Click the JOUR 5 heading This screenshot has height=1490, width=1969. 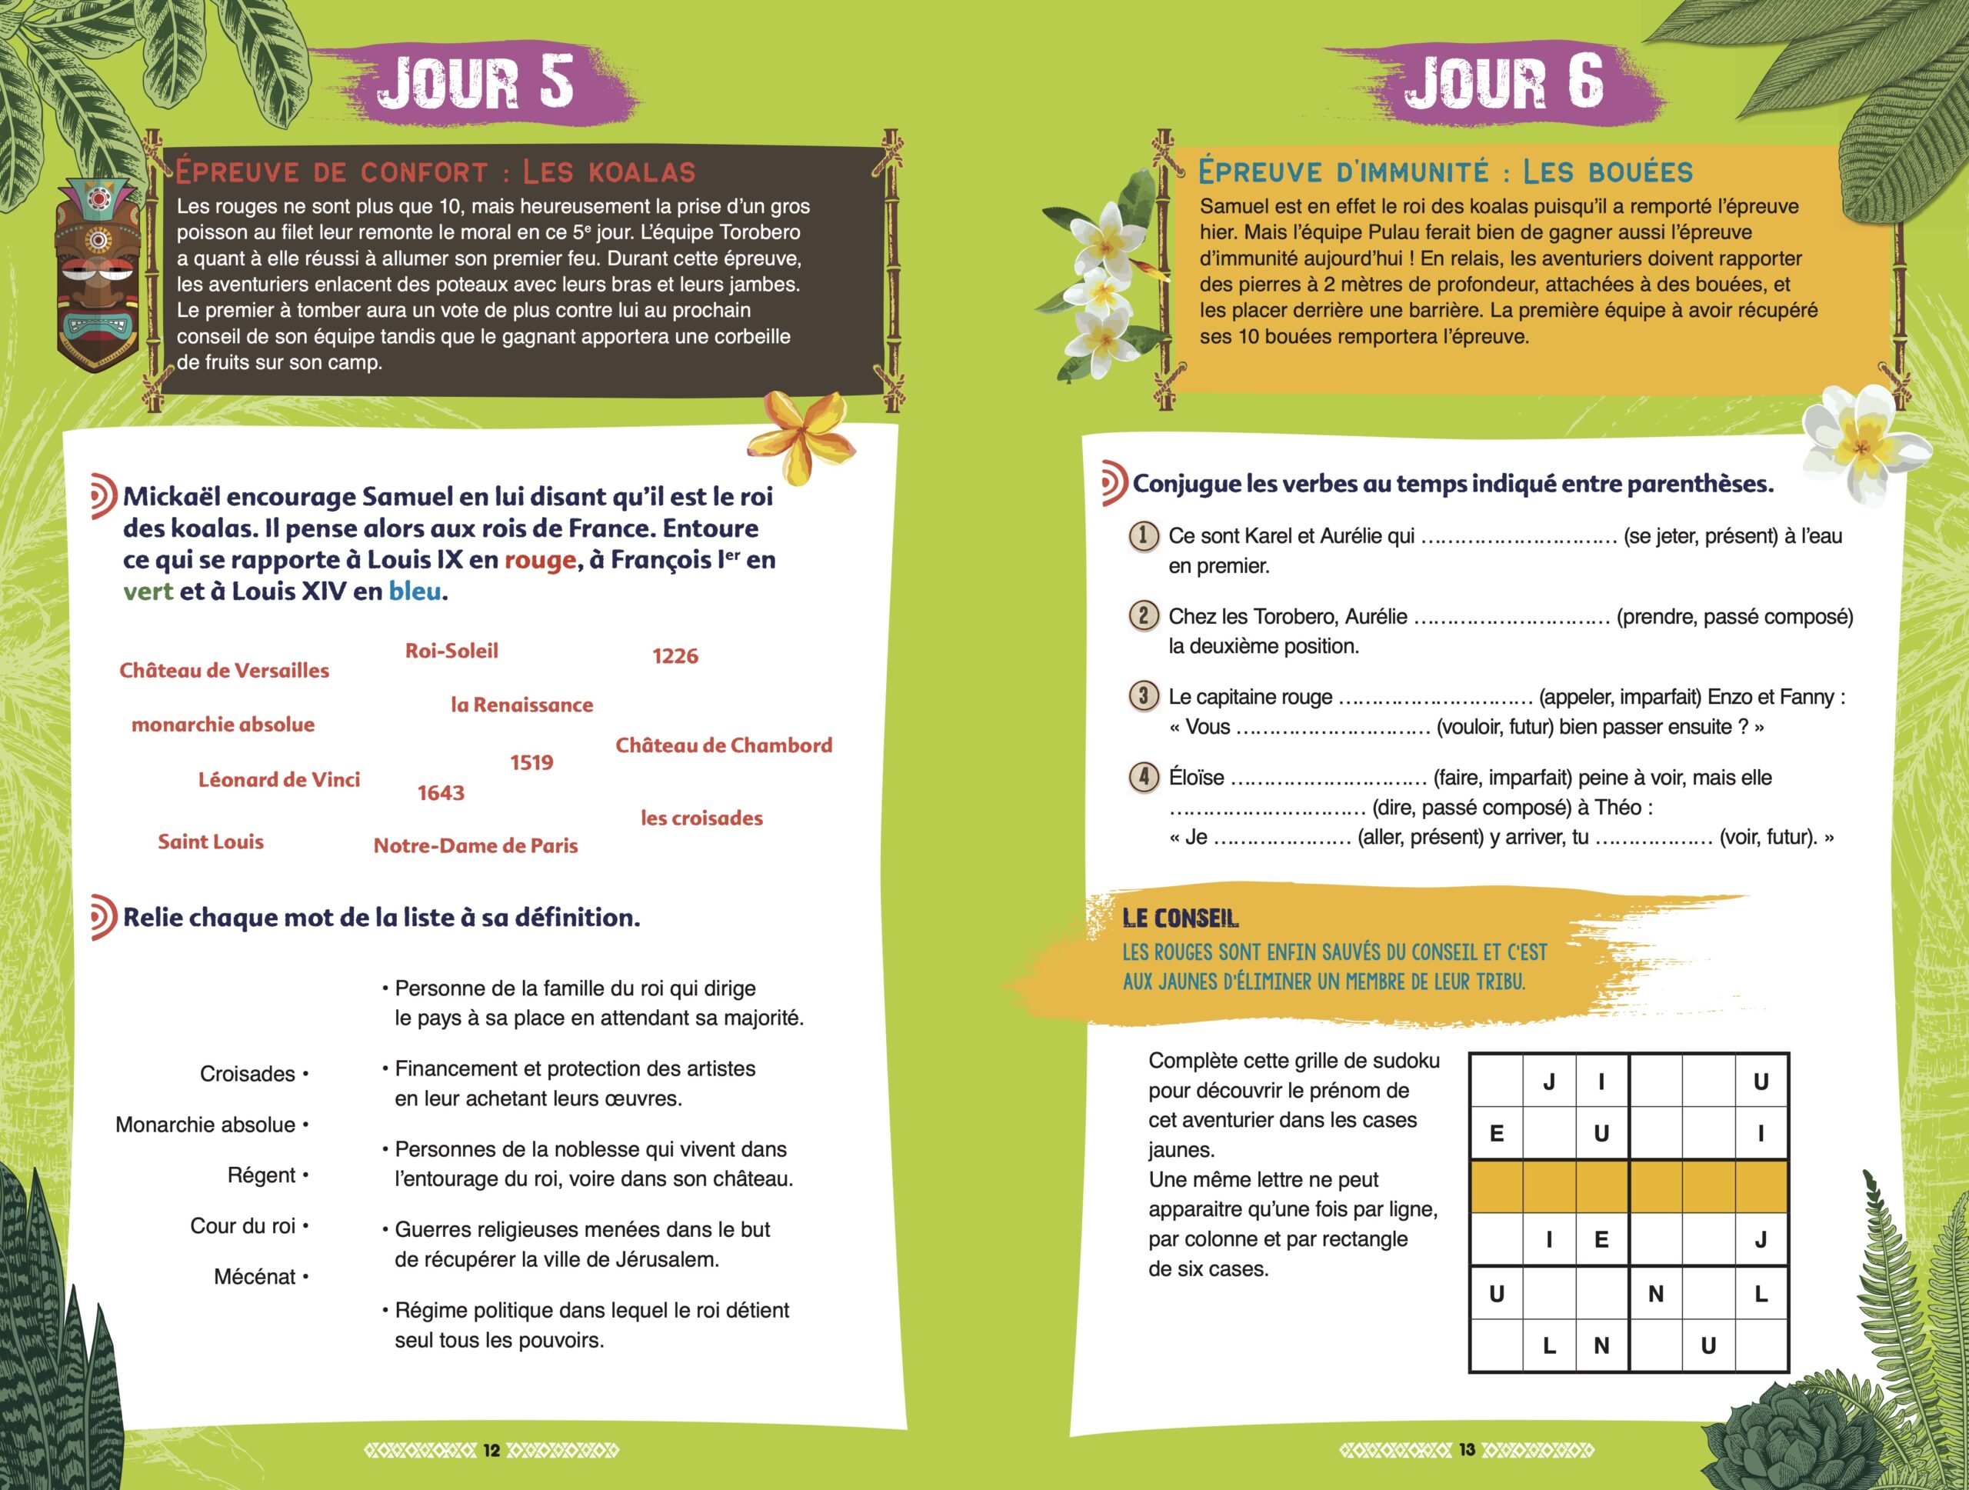[x=475, y=82]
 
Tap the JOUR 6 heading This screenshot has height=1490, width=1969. [x=1504, y=82]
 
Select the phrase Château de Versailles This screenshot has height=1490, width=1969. [x=225, y=670]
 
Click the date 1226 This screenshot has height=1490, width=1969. [x=675, y=656]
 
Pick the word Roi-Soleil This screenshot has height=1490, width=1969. [x=451, y=651]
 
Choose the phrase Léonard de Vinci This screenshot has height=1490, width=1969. [x=278, y=780]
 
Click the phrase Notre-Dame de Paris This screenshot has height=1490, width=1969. [x=475, y=845]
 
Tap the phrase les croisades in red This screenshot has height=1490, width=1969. [x=701, y=818]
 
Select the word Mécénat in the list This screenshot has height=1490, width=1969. [x=255, y=1276]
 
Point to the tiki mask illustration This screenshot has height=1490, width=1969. [x=97, y=273]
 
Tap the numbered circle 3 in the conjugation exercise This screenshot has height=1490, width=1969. [x=1144, y=695]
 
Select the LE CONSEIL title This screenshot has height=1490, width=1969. [x=1181, y=918]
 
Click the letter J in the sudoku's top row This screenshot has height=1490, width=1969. [x=1549, y=1082]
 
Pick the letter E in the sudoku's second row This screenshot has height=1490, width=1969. [x=1496, y=1133]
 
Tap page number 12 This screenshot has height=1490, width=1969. [x=491, y=1450]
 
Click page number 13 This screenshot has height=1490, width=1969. [x=1467, y=1450]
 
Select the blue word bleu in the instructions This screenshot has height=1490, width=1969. [x=415, y=591]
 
